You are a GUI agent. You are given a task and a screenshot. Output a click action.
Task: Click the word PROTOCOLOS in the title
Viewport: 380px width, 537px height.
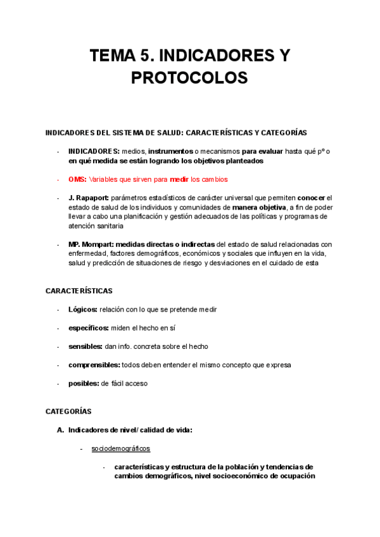189,78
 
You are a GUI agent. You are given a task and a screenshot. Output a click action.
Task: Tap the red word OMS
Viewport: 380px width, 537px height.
77,179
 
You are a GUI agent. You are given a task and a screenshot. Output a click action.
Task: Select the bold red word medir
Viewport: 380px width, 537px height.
180,179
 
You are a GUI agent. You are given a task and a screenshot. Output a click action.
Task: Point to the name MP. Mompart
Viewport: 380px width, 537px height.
91,244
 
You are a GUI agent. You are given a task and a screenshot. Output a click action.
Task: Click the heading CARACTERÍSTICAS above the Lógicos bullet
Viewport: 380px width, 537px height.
79,291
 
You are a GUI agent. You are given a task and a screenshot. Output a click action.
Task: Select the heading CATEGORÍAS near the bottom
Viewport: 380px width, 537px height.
68,411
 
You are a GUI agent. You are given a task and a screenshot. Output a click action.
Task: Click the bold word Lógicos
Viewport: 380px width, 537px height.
82,310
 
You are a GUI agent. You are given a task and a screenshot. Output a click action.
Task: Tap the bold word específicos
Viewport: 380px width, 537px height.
88,328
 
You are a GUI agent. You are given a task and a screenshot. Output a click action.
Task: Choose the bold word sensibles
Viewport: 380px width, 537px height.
85,346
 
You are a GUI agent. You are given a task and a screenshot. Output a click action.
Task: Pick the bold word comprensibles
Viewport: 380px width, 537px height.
94,365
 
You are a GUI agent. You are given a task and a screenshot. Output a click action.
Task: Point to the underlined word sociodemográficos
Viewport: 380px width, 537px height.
120,448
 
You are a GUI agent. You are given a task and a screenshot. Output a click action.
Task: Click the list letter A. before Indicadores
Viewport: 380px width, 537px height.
60,430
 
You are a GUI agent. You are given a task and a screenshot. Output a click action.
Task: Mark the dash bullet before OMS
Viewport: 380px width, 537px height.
58,179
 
